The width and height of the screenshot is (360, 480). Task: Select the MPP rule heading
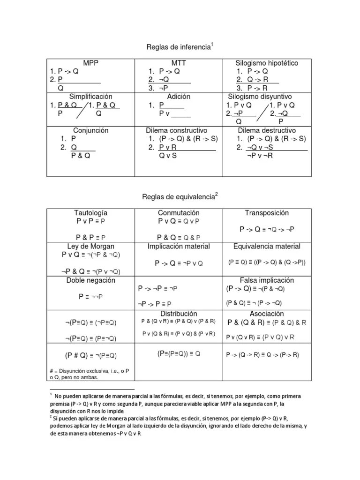click(x=90, y=63)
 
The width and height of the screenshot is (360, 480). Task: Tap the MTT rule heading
click(x=179, y=63)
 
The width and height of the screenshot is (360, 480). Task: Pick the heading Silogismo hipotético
click(x=267, y=63)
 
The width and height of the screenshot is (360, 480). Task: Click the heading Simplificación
click(x=91, y=97)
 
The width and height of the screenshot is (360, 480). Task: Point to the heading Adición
click(x=179, y=97)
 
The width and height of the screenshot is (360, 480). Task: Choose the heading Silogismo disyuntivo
click(x=266, y=97)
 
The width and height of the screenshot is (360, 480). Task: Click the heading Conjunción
click(x=91, y=130)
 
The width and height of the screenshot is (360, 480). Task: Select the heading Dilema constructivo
click(x=179, y=130)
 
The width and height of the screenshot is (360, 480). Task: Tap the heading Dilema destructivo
click(x=267, y=130)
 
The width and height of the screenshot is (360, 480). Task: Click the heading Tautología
click(x=91, y=213)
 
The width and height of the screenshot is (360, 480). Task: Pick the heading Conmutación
click(x=179, y=213)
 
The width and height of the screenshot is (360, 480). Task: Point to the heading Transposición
click(x=267, y=213)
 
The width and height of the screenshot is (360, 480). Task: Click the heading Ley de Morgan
click(x=91, y=247)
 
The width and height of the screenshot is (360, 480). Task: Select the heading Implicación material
click(x=179, y=247)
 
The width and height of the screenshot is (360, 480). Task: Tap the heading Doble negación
click(x=91, y=280)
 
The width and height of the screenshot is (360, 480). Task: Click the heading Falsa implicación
click(x=267, y=280)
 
